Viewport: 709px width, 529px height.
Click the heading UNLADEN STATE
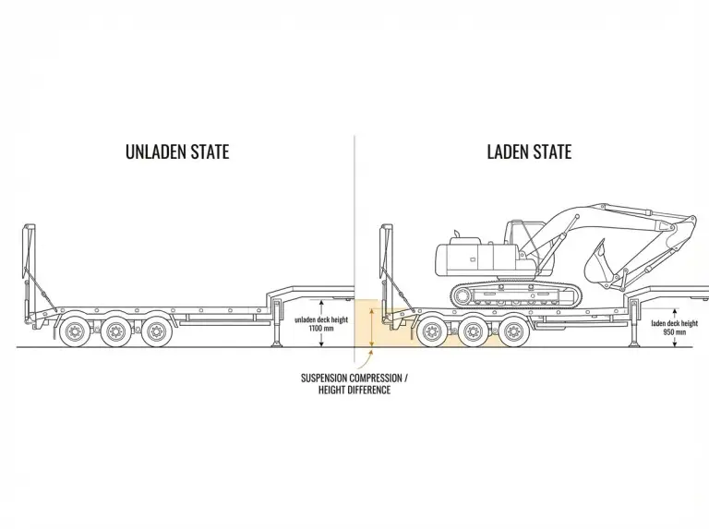coord(176,151)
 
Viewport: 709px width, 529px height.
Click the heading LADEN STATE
coord(529,151)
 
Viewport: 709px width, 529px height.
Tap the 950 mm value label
coord(674,332)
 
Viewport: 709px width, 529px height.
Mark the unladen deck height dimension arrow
coord(320,323)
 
